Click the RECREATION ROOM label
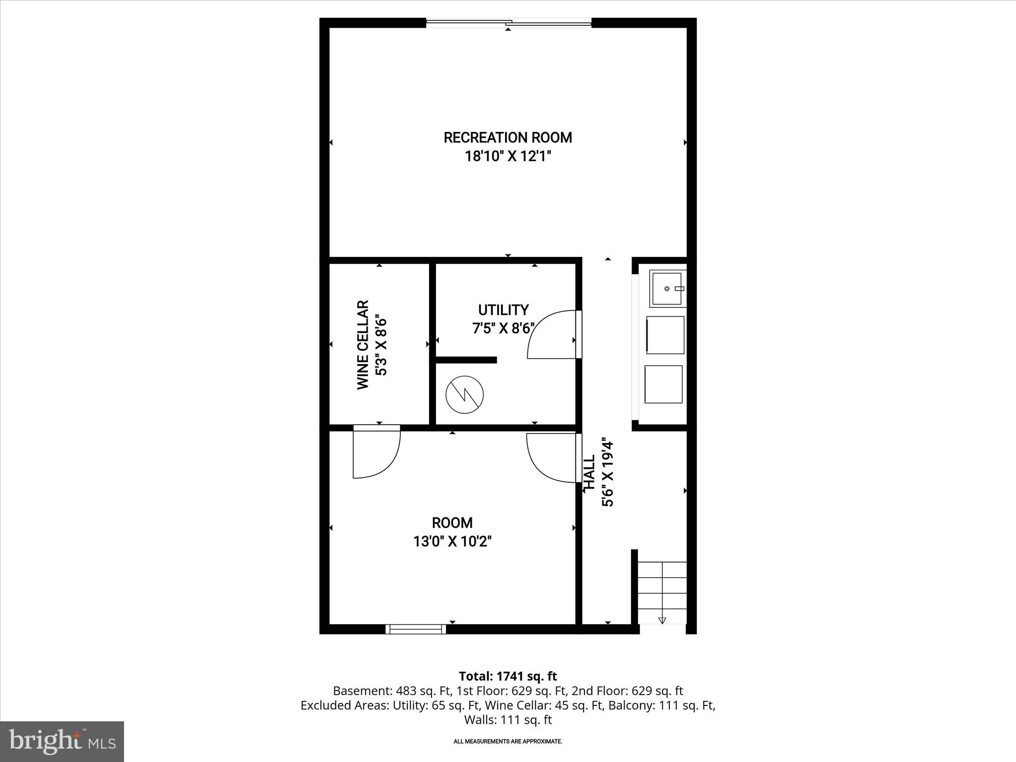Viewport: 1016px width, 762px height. coord(508,137)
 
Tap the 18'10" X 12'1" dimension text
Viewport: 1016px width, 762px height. coord(508,157)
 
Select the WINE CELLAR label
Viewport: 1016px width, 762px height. coord(363,344)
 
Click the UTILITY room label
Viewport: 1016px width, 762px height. coord(503,310)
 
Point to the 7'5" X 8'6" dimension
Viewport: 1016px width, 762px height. coord(503,328)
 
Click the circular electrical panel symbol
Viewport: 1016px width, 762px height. coord(464,395)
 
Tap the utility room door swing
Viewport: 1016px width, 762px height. coord(551,335)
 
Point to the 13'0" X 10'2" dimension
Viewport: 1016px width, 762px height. coord(452,541)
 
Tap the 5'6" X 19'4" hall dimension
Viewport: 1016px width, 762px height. coord(608,472)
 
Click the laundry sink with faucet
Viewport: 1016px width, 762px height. coord(668,288)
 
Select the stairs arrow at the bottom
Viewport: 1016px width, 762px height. coord(662,620)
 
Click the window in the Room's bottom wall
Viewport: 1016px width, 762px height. coord(416,629)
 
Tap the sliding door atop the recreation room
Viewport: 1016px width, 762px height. coord(508,22)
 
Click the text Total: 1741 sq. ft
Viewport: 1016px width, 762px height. coord(508,676)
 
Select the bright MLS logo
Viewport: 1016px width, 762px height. coord(62,741)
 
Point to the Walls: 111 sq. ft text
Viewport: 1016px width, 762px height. coord(508,720)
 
